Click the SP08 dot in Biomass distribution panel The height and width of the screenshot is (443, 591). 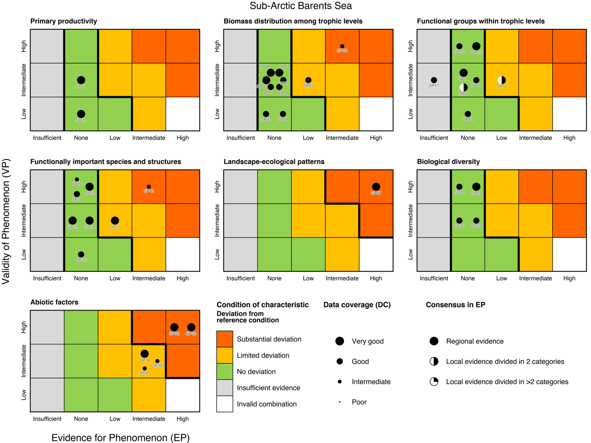(342, 46)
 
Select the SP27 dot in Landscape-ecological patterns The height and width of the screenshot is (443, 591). (376, 187)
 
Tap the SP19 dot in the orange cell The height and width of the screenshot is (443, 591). (149, 187)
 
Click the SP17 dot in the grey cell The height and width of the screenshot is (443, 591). (434, 80)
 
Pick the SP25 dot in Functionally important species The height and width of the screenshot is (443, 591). (115, 220)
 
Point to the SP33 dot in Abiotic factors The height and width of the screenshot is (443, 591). (191, 327)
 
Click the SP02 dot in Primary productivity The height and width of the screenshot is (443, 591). (81, 114)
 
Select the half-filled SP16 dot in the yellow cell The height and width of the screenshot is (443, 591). (502, 80)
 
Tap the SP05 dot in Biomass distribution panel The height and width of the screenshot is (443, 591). (308, 80)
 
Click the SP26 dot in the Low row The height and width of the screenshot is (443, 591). (81, 254)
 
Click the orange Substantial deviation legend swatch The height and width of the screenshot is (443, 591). (224, 339)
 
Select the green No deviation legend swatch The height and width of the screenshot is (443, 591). (224, 371)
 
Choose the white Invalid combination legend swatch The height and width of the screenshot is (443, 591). (224, 404)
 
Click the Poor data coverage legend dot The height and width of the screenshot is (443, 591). (339, 402)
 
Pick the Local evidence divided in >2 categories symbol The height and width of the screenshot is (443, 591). (434, 382)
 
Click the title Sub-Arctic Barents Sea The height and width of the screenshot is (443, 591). (301, 6)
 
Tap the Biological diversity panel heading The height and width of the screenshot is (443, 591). (448, 162)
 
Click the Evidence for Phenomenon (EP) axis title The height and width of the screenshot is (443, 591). (120, 437)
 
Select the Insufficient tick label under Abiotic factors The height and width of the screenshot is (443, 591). (47, 419)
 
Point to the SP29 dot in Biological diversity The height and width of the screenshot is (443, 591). (476, 187)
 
